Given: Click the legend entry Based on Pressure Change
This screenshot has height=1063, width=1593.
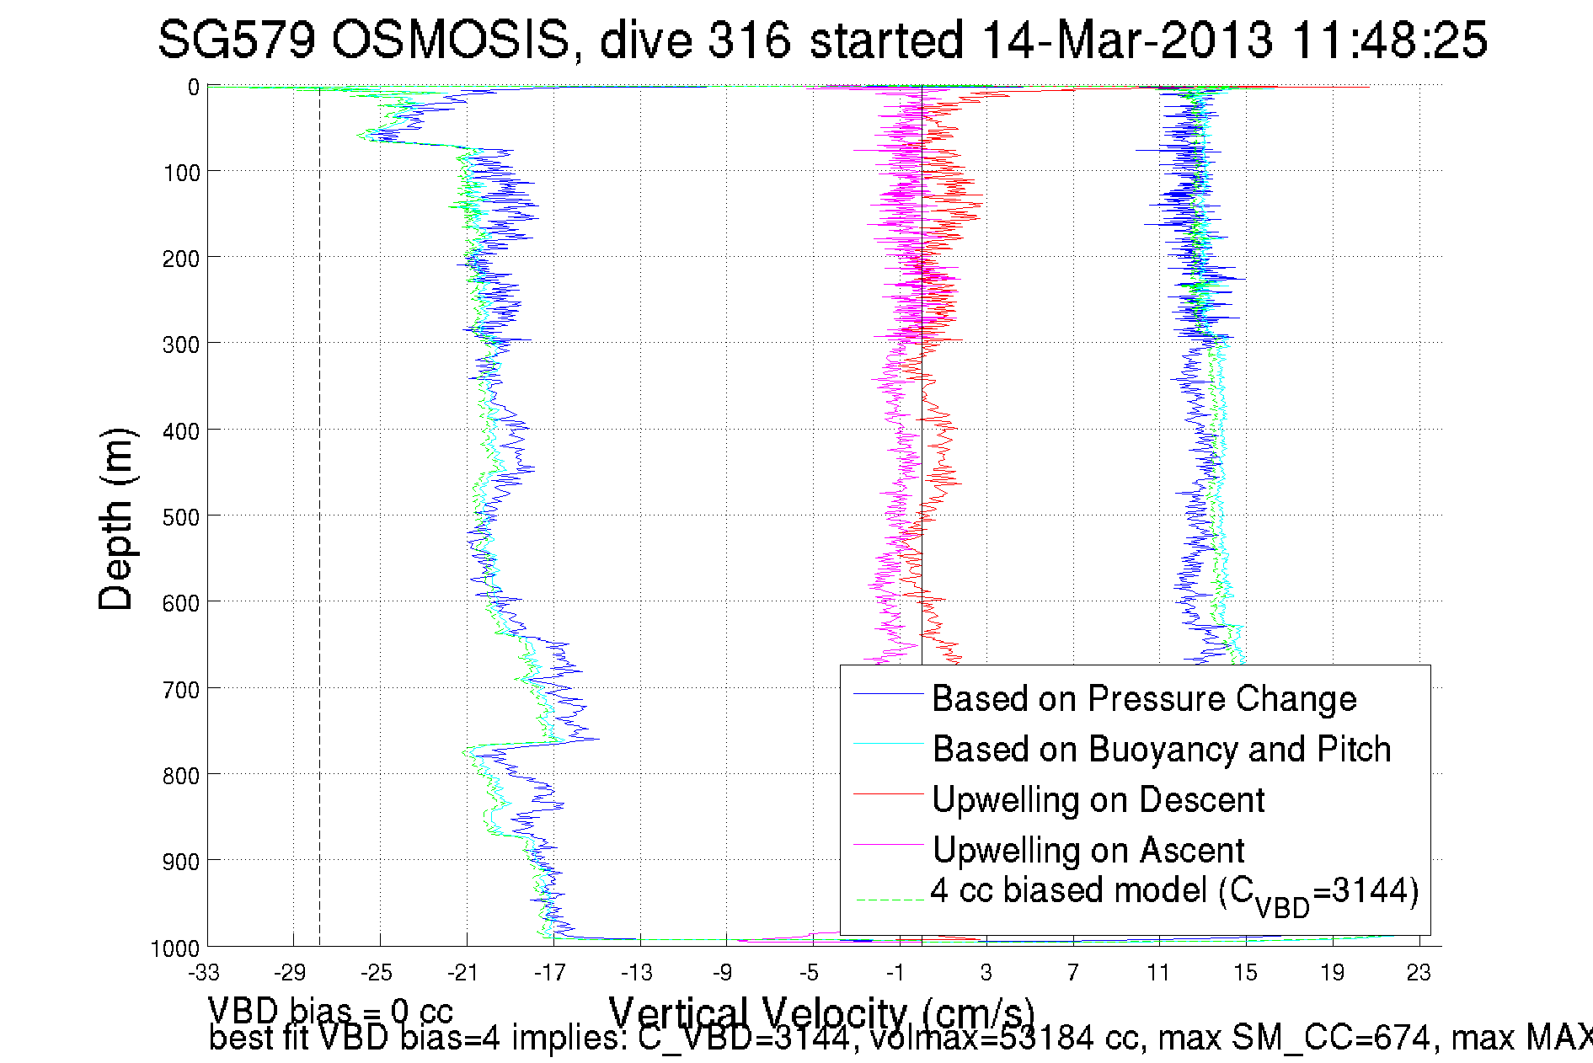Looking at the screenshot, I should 1144,699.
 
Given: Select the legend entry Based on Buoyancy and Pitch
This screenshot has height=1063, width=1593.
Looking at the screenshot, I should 1161,750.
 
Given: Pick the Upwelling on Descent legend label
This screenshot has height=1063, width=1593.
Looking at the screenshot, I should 1098,800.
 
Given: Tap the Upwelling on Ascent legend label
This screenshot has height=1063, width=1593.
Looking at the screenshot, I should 1088,851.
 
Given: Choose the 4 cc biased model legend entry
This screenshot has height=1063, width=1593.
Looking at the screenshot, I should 1174,892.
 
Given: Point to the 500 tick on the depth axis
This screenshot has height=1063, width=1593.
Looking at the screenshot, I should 180,517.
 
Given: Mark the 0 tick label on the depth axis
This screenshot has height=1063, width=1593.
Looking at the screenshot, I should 194,88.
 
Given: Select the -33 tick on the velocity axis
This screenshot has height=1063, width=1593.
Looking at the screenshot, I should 204,973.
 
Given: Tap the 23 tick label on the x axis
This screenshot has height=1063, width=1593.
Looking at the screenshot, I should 1419,973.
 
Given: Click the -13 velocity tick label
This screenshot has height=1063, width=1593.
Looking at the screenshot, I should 637,973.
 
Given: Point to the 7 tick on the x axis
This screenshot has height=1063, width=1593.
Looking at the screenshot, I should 1072,973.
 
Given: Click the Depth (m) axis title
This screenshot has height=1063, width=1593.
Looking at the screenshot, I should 115,519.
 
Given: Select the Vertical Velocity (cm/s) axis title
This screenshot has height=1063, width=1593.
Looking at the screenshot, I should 821,1011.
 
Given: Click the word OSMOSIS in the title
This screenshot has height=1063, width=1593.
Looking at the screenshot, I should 449,40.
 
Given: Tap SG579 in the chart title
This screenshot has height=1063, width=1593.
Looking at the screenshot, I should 237,40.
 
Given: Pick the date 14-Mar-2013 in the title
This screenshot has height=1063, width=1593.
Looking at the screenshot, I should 1127,40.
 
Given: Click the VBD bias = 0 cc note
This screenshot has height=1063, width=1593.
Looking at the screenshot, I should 330,1011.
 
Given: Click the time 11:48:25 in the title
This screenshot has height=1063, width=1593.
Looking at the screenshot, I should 1389,40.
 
